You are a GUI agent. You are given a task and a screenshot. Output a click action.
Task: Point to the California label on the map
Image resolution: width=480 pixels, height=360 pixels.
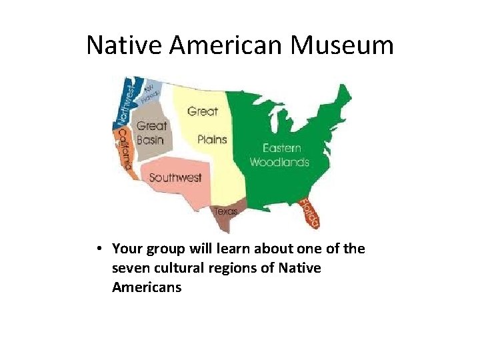click(123, 150)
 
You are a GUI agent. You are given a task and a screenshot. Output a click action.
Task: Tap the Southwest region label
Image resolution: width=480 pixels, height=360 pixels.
click(175, 177)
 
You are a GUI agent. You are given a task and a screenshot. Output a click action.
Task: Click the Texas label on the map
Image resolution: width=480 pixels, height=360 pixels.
click(225, 211)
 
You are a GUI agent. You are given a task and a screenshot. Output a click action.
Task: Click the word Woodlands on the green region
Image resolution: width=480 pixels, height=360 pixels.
click(279, 162)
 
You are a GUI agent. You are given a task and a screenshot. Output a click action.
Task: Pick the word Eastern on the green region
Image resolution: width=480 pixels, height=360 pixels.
click(281, 148)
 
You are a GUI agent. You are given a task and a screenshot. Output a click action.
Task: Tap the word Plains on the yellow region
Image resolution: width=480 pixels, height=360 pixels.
click(212, 139)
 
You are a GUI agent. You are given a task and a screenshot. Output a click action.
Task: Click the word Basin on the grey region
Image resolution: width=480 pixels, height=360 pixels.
click(150, 139)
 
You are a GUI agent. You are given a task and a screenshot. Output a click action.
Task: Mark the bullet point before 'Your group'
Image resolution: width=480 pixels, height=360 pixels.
click(98, 249)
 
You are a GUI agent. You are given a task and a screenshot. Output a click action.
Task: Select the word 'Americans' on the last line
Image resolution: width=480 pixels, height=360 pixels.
click(147, 287)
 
